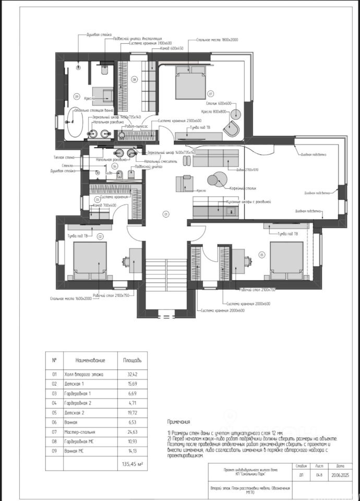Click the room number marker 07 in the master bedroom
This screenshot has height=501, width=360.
click(211, 94)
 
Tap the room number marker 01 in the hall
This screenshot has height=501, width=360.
click(165, 214)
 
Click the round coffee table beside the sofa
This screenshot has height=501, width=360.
click(215, 180)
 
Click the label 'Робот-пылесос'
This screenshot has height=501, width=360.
click(136, 126)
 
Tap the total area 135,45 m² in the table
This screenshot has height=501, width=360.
click(133, 462)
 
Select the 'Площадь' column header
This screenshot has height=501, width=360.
click(131, 360)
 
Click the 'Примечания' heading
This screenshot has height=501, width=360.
click(179, 421)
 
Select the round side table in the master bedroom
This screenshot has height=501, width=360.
click(235, 113)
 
